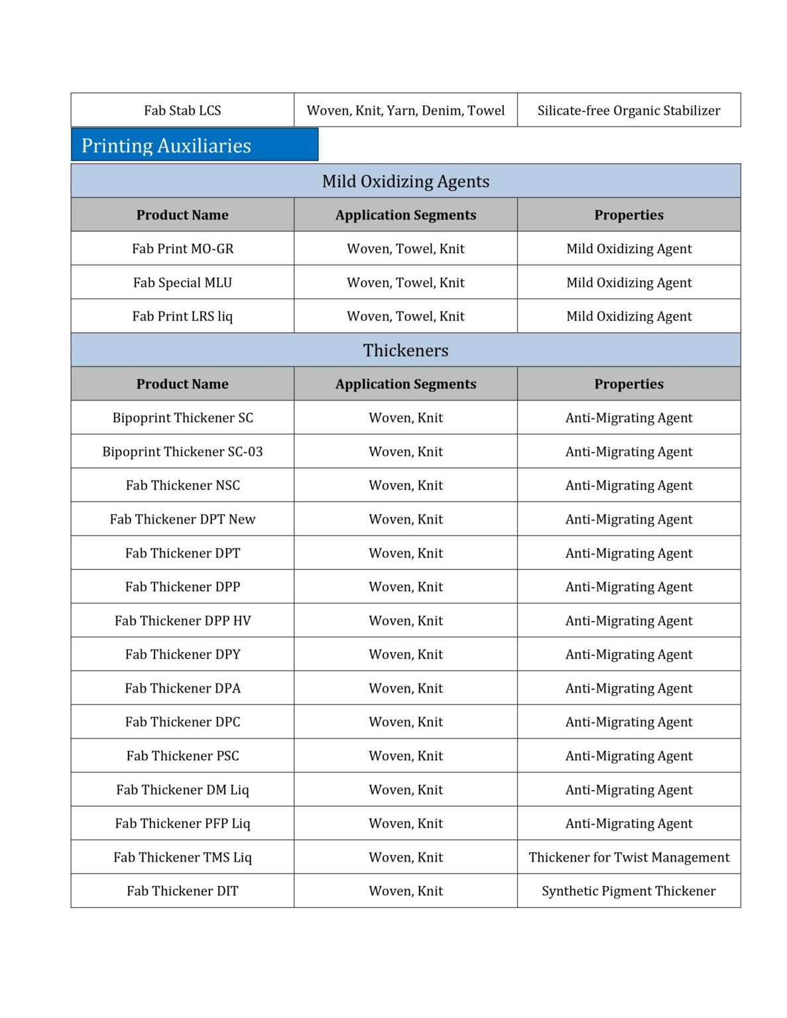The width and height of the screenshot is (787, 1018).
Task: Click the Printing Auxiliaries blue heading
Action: coord(166,145)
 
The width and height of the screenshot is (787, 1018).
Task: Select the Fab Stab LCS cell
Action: coord(182,110)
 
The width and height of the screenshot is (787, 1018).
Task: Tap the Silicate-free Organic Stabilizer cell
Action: coord(629,110)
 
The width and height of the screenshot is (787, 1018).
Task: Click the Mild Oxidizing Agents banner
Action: coord(406,181)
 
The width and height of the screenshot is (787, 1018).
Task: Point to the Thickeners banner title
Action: coord(406,350)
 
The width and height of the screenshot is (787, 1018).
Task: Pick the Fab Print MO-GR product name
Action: coord(182,249)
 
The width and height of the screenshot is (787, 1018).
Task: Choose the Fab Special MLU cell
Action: coord(182,282)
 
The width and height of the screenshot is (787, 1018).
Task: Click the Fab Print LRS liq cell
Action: coord(182,316)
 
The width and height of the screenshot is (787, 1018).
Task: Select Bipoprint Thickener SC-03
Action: coord(182,451)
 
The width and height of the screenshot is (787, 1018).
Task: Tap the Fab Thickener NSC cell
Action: coord(182,485)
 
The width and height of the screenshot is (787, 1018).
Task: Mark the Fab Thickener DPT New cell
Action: coord(182,519)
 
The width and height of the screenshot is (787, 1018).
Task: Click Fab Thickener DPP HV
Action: coord(182,620)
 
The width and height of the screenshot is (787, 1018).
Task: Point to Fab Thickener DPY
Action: coord(182,654)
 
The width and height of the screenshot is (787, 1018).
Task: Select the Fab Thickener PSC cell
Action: coord(182,756)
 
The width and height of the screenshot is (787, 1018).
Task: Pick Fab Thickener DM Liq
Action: coord(182,789)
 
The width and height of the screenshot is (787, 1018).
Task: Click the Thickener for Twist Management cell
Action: coord(629,857)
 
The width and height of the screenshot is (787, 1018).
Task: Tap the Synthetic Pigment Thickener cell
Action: coord(629,891)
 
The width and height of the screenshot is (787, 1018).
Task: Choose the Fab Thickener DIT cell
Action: coord(182,891)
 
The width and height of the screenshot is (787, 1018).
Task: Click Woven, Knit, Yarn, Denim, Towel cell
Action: coord(406,110)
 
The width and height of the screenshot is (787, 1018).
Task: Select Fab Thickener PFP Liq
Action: coord(182,823)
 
